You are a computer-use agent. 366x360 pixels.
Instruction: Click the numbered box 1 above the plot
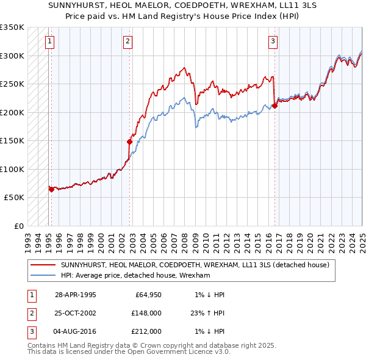pyautogui.click(x=49, y=41)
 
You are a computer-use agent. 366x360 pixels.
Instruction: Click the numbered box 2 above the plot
pyautogui.click(x=127, y=41)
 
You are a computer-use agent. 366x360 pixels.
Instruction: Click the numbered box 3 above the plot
pyautogui.click(x=273, y=41)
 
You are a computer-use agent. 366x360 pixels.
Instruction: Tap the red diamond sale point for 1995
pyautogui.click(x=51, y=189)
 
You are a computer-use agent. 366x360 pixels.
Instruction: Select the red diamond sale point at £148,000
pyautogui.click(x=130, y=142)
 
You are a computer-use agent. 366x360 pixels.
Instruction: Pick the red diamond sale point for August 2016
pyautogui.click(x=274, y=106)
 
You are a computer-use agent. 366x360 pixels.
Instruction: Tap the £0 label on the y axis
pyautogui.click(x=18, y=226)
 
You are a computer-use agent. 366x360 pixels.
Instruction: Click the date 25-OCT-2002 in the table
pyautogui.click(x=76, y=312)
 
